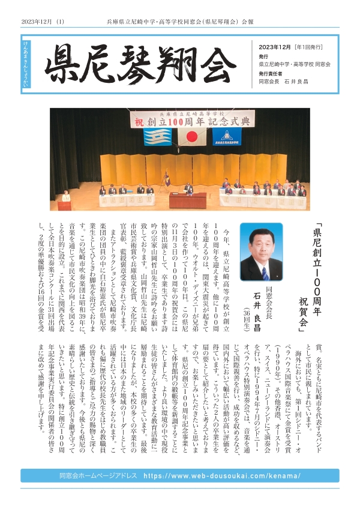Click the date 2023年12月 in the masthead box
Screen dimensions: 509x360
275,47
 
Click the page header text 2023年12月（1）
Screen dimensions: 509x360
43,22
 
